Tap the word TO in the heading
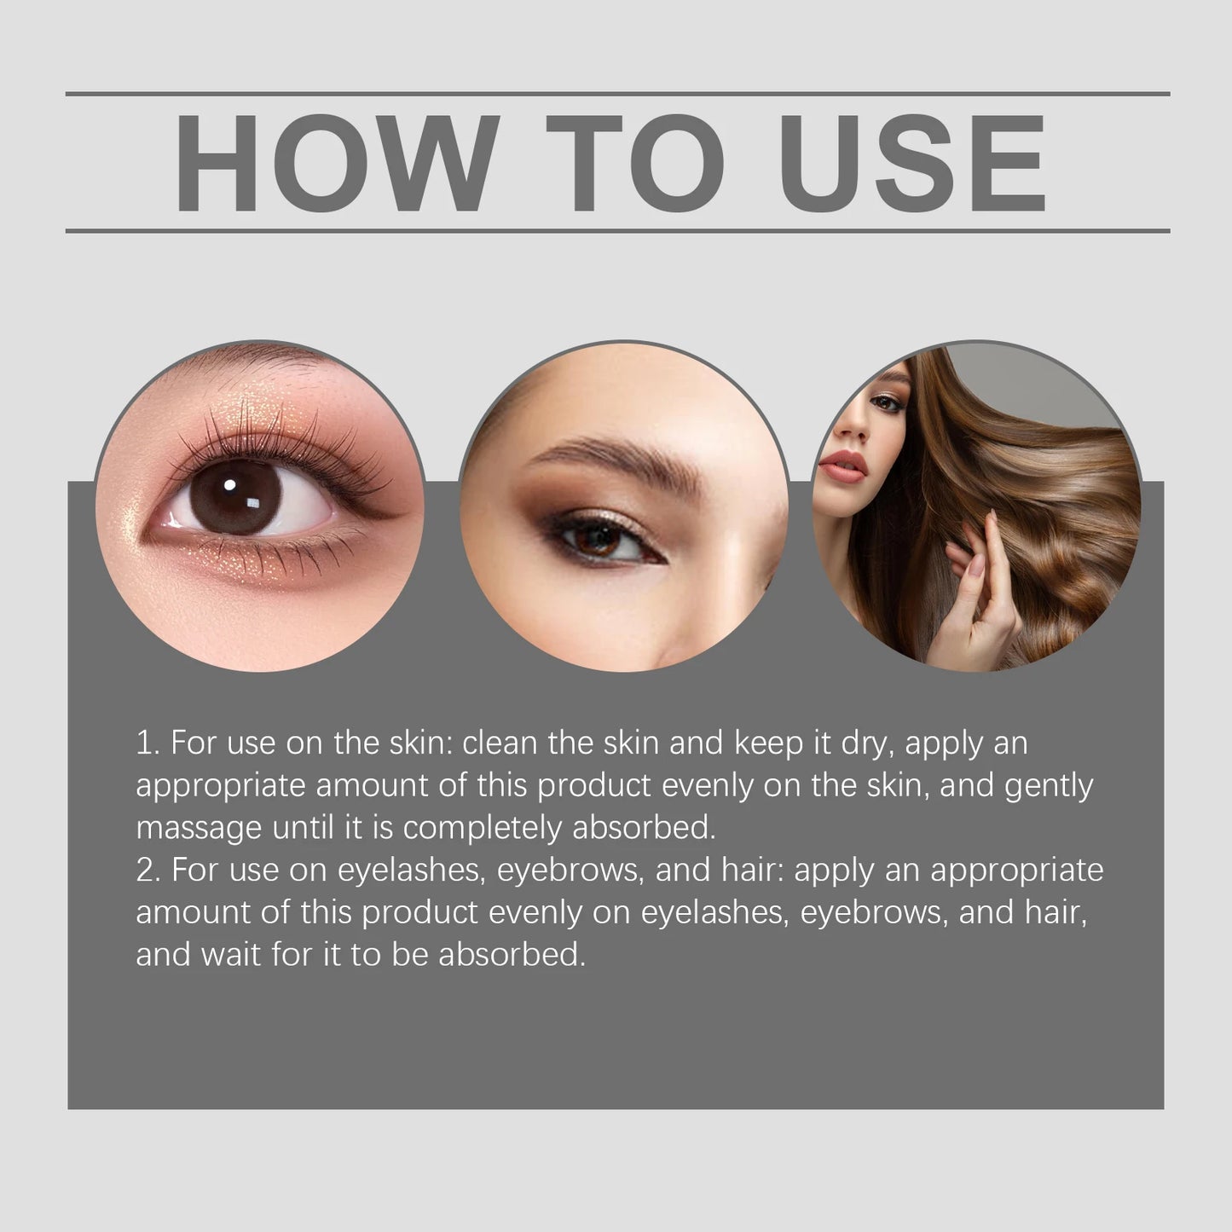pyautogui.click(x=635, y=162)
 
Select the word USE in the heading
pyautogui.click(x=911, y=162)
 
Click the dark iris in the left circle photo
pyautogui.click(x=235, y=496)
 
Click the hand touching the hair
pyautogui.click(x=980, y=588)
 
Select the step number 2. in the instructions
pyautogui.click(x=148, y=870)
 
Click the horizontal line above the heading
pyautogui.click(x=617, y=93)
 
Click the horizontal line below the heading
pyautogui.click(x=617, y=230)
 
